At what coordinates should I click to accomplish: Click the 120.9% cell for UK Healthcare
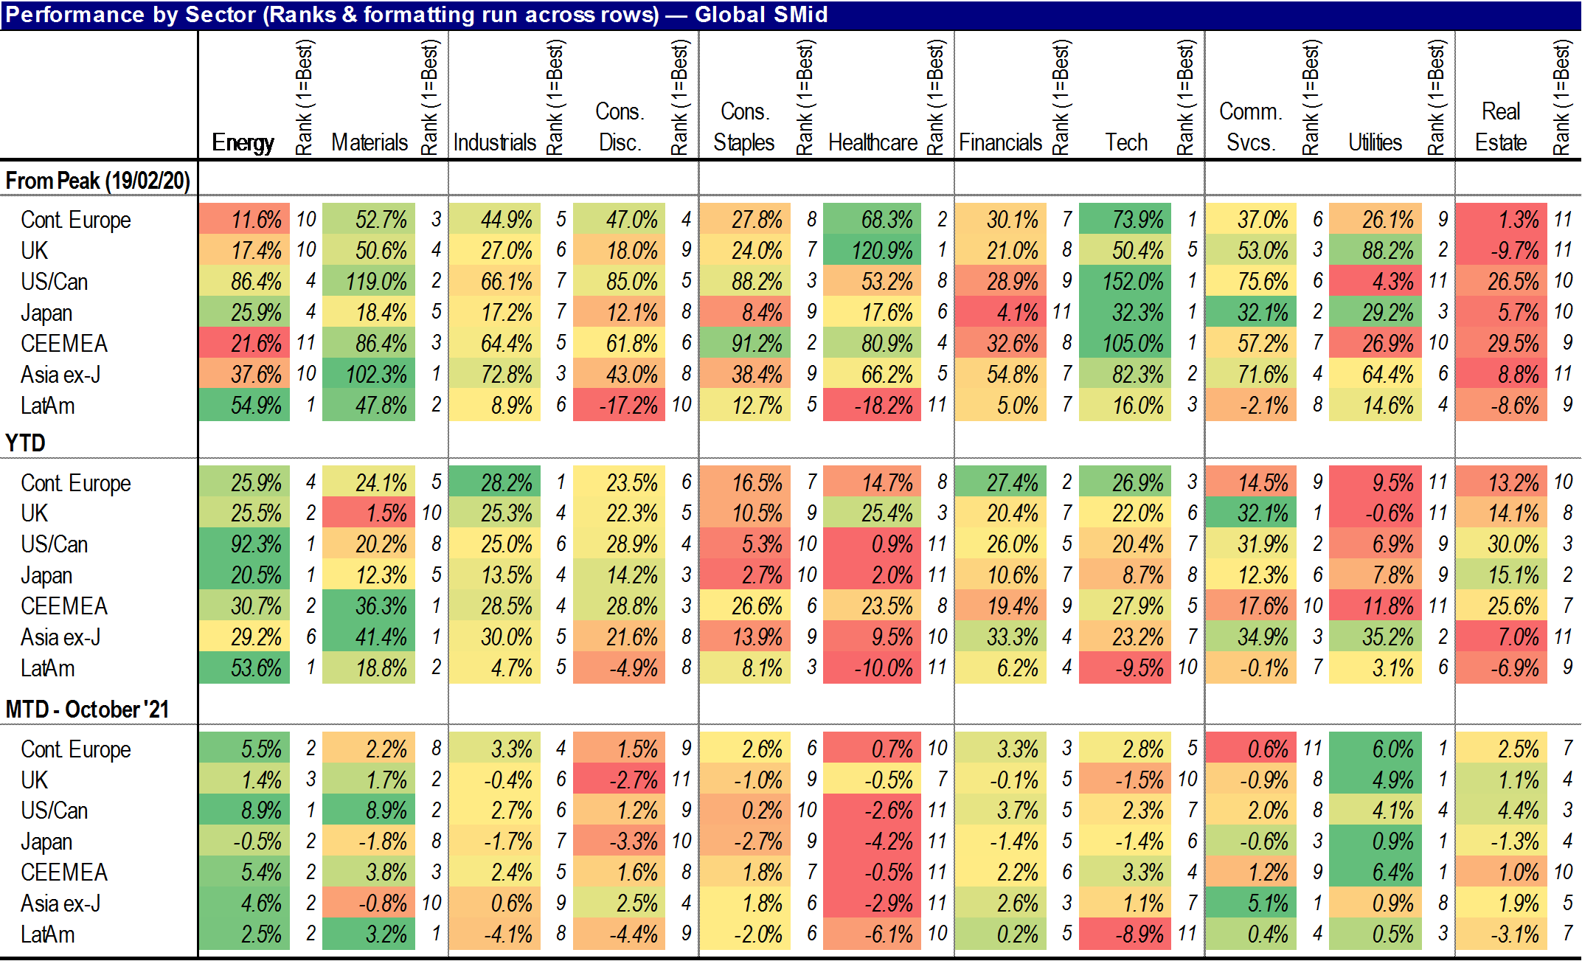[x=872, y=251]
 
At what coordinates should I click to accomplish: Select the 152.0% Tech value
[x=1125, y=282]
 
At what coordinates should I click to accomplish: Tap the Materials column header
[x=369, y=142]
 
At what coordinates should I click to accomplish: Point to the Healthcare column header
[x=872, y=142]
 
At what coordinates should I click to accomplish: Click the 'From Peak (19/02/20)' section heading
[x=98, y=181]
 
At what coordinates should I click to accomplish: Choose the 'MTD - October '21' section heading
[x=87, y=710]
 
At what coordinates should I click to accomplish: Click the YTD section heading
[x=26, y=443]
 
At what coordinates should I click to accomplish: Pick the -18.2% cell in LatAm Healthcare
[x=872, y=406]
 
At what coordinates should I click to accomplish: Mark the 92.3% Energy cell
[x=244, y=544]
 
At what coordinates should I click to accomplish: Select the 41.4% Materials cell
[x=369, y=637]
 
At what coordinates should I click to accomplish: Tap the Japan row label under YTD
[x=46, y=575]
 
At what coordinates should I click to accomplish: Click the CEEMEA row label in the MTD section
[x=64, y=872]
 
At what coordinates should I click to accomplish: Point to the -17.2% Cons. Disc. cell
[x=620, y=406]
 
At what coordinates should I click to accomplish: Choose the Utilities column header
[x=1375, y=142]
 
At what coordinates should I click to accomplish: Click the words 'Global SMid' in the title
[x=761, y=15]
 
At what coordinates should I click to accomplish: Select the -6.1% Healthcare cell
[x=872, y=934]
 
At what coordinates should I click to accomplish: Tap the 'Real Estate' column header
[x=1501, y=127]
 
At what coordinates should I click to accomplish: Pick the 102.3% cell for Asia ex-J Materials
[x=369, y=375]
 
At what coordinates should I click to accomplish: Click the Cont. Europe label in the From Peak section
[x=75, y=220]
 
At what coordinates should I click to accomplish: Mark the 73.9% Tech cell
[x=1125, y=220]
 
